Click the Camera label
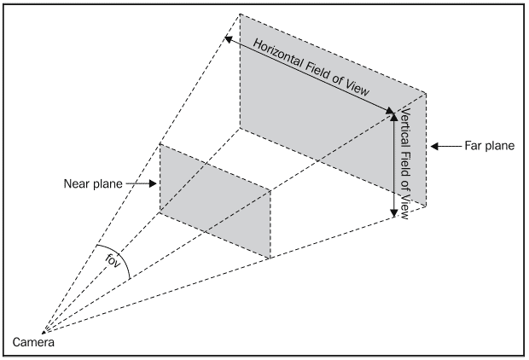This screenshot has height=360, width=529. [x=34, y=343]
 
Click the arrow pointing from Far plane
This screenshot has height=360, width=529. [x=444, y=146]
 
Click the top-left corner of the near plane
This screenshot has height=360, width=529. [x=160, y=143]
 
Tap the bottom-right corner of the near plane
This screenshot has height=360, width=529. [x=270, y=258]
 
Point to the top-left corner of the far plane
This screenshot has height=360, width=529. [x=240, y=14]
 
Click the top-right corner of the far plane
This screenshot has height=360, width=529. [x=427, y=90]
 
